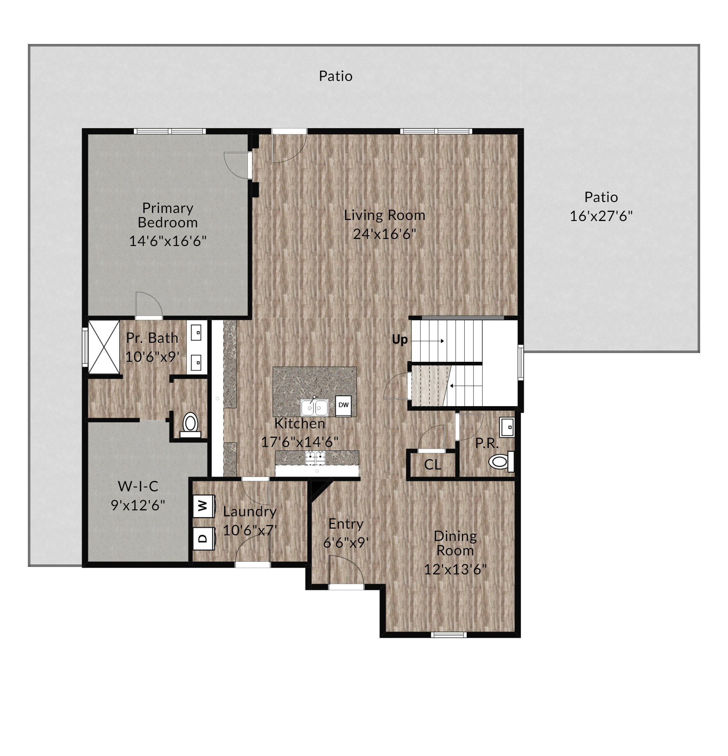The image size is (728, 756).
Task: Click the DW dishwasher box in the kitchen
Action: coord(343,405)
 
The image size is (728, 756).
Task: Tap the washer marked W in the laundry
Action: coord(204,506)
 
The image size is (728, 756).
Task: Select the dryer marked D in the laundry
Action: coord(204,538)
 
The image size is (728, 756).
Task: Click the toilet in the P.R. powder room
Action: coord(501,461)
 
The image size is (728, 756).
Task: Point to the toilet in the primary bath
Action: coord(190,425)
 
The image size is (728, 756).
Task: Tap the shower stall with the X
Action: coord(104,347)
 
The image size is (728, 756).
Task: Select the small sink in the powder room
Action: coord(507,427)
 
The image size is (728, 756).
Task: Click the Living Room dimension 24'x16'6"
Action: coord(385,234)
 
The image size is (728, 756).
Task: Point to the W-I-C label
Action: coord(138,486)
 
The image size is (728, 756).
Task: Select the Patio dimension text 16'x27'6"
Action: coord(601,216)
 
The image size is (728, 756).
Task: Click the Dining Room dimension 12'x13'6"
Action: coord(455,570)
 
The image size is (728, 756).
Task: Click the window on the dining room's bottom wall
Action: coord(449,635)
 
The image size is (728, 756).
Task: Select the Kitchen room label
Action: coord(300,423)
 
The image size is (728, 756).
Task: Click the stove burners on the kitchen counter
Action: coord(315,458)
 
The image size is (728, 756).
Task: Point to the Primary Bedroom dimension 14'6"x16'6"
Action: coord(168,241)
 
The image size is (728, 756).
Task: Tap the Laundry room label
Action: coord(250,512)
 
